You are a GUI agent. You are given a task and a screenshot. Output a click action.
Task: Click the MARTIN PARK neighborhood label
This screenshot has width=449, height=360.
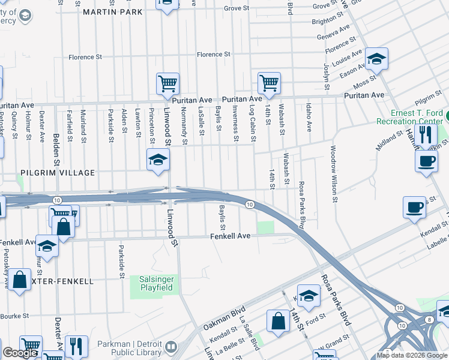113,12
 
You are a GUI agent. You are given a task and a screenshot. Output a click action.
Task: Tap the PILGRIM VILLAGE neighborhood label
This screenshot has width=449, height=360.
58,173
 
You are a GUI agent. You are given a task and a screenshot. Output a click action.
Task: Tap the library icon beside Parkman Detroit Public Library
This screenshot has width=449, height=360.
171,347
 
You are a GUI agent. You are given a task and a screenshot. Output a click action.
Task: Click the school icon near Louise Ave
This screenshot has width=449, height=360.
376,59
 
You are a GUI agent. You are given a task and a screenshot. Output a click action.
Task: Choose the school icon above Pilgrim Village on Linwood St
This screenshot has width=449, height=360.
158,160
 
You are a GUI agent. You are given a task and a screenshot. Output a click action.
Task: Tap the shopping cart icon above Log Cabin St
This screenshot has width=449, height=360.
269,83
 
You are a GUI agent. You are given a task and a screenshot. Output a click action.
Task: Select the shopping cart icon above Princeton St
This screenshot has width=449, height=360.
167,84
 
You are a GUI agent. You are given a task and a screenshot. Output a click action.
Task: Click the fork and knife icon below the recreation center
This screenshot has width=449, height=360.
426,134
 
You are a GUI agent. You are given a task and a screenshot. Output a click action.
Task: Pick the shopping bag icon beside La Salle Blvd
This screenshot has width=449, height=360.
279,320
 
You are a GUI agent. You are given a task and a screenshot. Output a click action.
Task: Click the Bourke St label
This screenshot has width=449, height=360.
15,316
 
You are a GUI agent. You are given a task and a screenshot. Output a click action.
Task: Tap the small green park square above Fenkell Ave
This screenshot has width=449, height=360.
265,227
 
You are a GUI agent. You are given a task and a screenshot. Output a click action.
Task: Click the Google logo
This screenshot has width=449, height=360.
20,353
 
